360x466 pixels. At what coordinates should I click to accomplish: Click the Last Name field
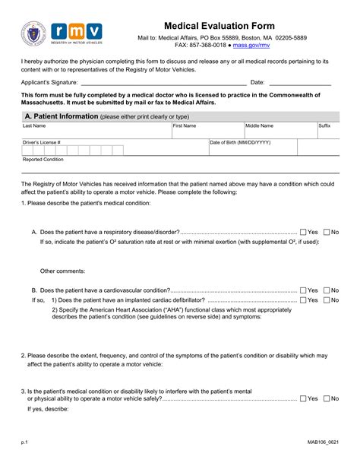(96, 132)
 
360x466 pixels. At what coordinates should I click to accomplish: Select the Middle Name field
(279, 132)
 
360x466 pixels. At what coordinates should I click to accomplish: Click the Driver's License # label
(42, 142)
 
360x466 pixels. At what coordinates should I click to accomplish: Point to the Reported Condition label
(43, 160)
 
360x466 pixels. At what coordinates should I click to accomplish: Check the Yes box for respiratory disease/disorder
(303, 232)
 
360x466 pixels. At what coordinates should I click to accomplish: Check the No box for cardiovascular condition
(327, 290)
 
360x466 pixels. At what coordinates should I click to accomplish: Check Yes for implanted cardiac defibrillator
(303, 300)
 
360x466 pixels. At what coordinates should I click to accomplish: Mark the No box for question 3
(327, 398)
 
